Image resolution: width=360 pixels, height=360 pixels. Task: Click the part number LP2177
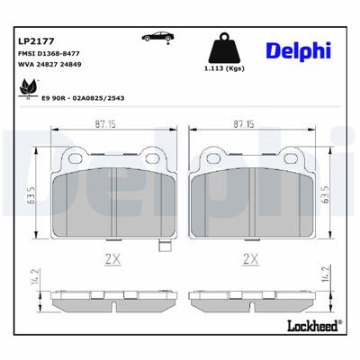tap(35, 40)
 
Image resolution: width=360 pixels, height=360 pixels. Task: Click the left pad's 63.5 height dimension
tap(34, 191)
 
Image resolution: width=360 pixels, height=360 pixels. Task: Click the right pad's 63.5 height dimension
tap(335, 191)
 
